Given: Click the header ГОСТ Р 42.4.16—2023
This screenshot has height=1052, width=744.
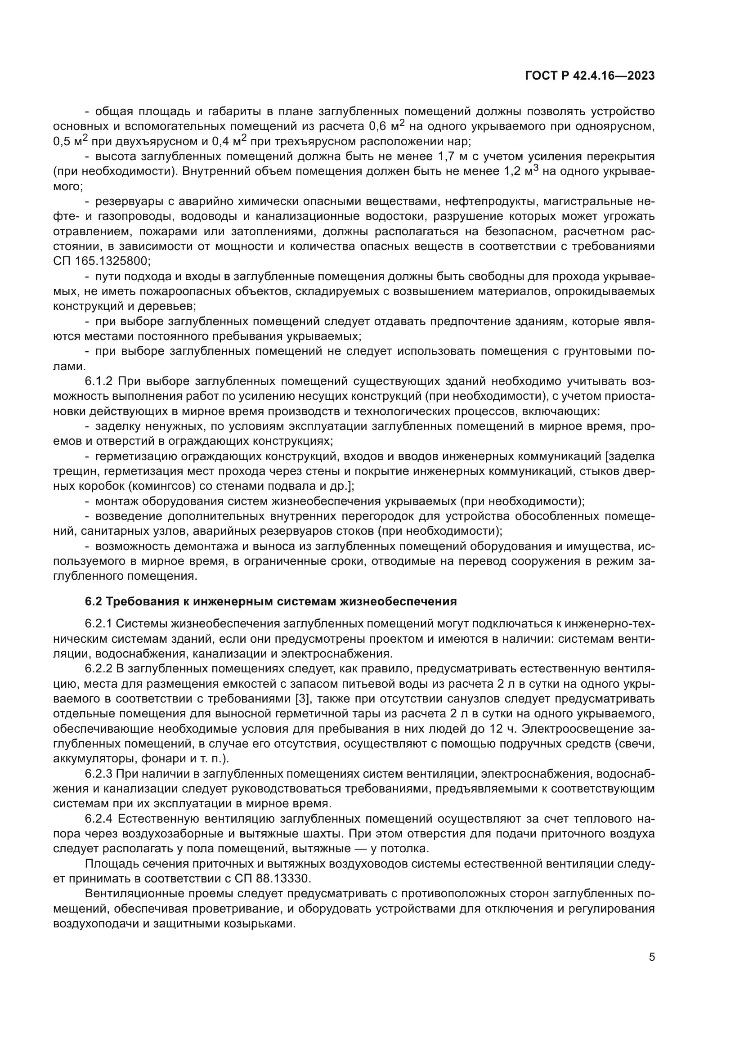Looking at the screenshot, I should (x=590, y=76).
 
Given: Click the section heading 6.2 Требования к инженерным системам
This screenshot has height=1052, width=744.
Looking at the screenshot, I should (x=271, y=601).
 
